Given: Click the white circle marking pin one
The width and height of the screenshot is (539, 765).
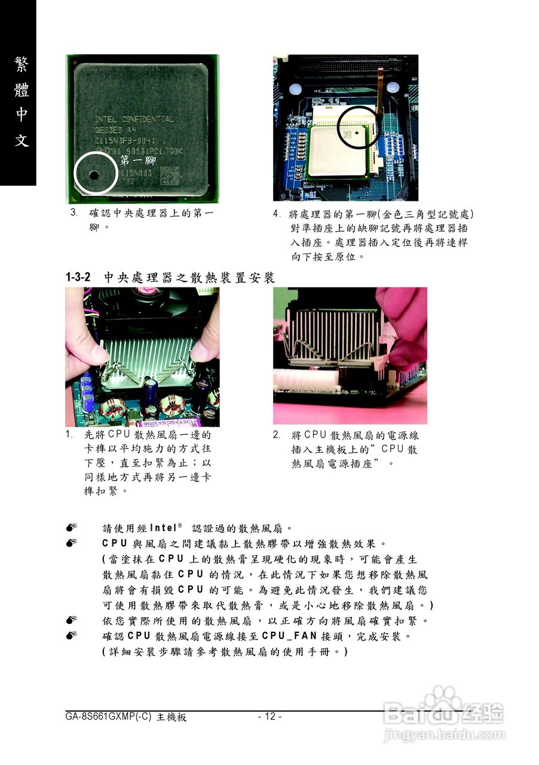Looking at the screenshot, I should pos(95,173).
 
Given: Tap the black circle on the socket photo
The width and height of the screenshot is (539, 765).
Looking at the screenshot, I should pos(358,127).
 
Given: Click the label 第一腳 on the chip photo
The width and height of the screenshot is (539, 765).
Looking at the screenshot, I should pos(138,160).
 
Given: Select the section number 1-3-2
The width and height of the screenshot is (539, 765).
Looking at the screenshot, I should pos(78,277).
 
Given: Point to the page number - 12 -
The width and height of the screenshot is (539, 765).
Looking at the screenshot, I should pos(269,717).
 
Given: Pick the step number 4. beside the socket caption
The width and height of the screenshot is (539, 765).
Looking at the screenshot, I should pos(277,214).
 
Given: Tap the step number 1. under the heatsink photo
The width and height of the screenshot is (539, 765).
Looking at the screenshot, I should pos(70,434).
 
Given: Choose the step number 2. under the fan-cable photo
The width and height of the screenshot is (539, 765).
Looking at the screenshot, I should pos(277,434).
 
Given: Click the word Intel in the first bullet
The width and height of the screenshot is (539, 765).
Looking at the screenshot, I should pos(163,528).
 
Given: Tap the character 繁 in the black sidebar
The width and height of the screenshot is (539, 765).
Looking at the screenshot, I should pos(21,65).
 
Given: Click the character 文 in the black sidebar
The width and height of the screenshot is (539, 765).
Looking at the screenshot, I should pos(21,141).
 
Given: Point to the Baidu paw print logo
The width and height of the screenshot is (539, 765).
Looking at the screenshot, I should pos(443,700).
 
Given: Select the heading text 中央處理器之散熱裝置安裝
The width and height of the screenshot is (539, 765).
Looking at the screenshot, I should pos(189,277).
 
